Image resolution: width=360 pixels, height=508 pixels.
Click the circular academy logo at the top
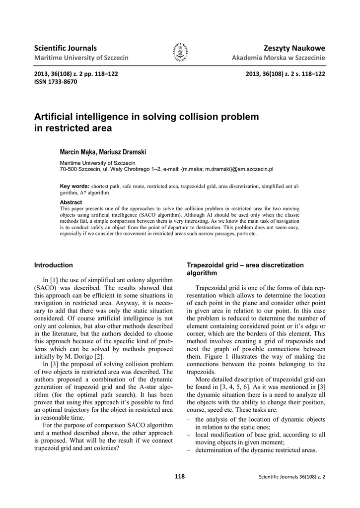coord(180,53)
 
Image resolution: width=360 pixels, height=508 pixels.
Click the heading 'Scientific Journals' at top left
coord(65,48)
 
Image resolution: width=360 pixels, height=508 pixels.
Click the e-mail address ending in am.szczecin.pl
coord(227,169)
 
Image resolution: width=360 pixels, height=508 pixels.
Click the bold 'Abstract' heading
coord(71,202)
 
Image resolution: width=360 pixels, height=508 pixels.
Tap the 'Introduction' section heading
coord(53,265)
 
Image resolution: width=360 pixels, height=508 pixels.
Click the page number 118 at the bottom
coord(180,477)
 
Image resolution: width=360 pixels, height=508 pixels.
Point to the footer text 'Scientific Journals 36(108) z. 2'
coord(292,477)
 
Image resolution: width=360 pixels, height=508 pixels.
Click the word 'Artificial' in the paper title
coord(54,117)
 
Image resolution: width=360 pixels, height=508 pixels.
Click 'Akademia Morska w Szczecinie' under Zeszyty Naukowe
coord(279,58)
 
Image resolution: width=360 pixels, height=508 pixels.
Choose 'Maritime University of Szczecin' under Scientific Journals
coord(81,58)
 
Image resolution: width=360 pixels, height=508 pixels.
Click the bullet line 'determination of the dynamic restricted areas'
coord(255,450)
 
